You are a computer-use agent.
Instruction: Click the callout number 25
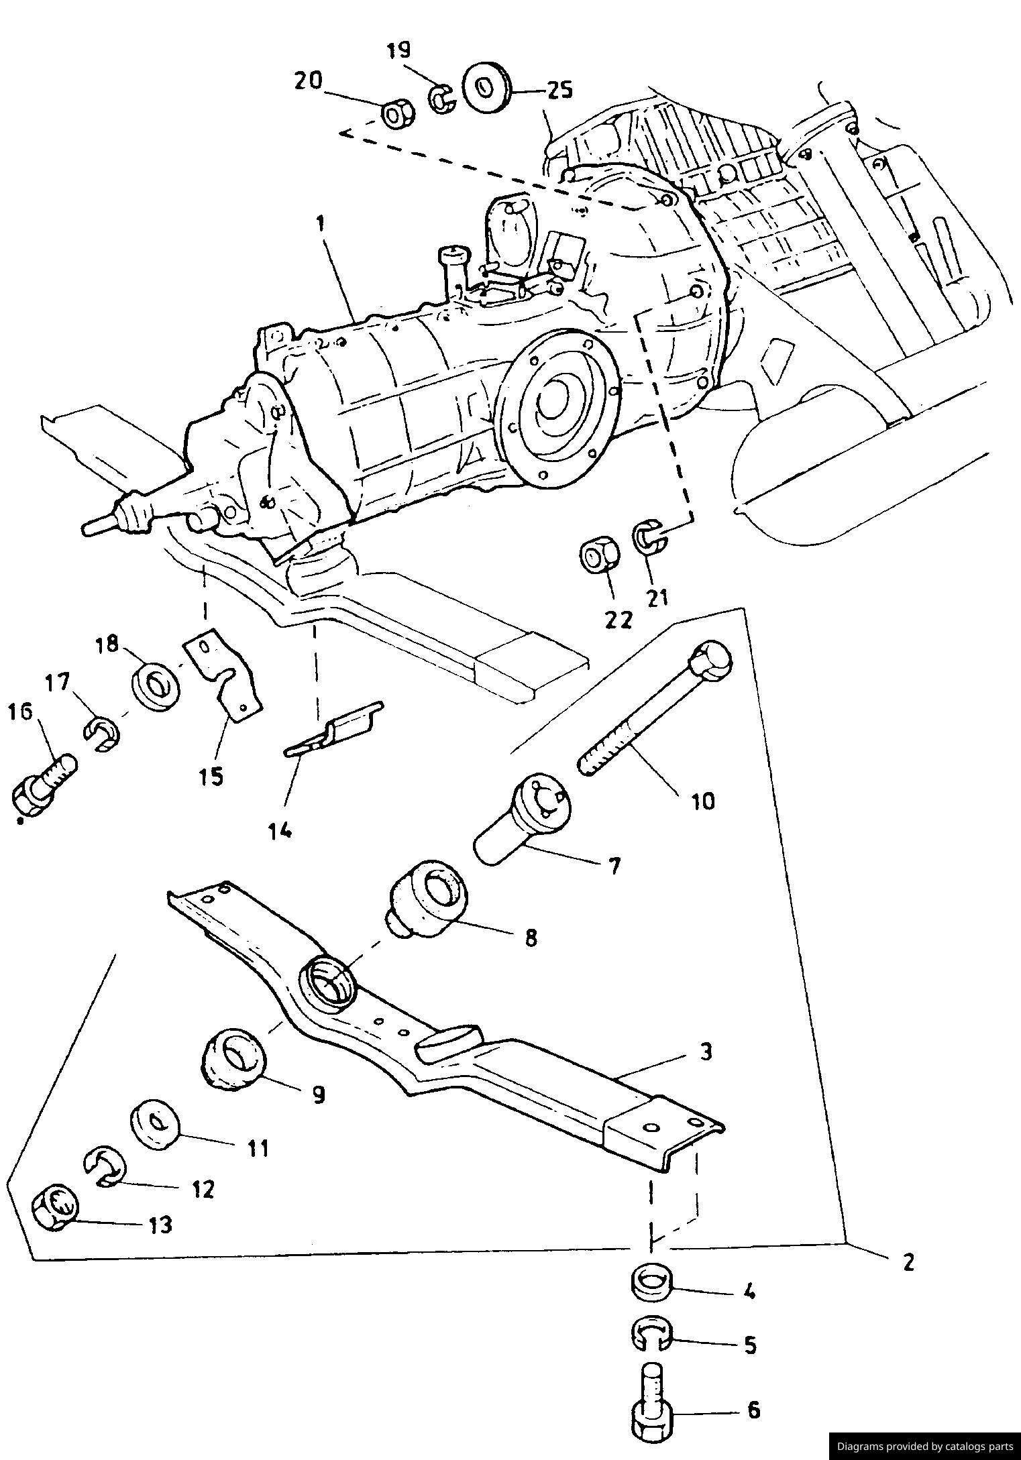(x=559, y=90)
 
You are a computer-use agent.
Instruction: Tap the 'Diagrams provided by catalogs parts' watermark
(x=924, y=1446)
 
